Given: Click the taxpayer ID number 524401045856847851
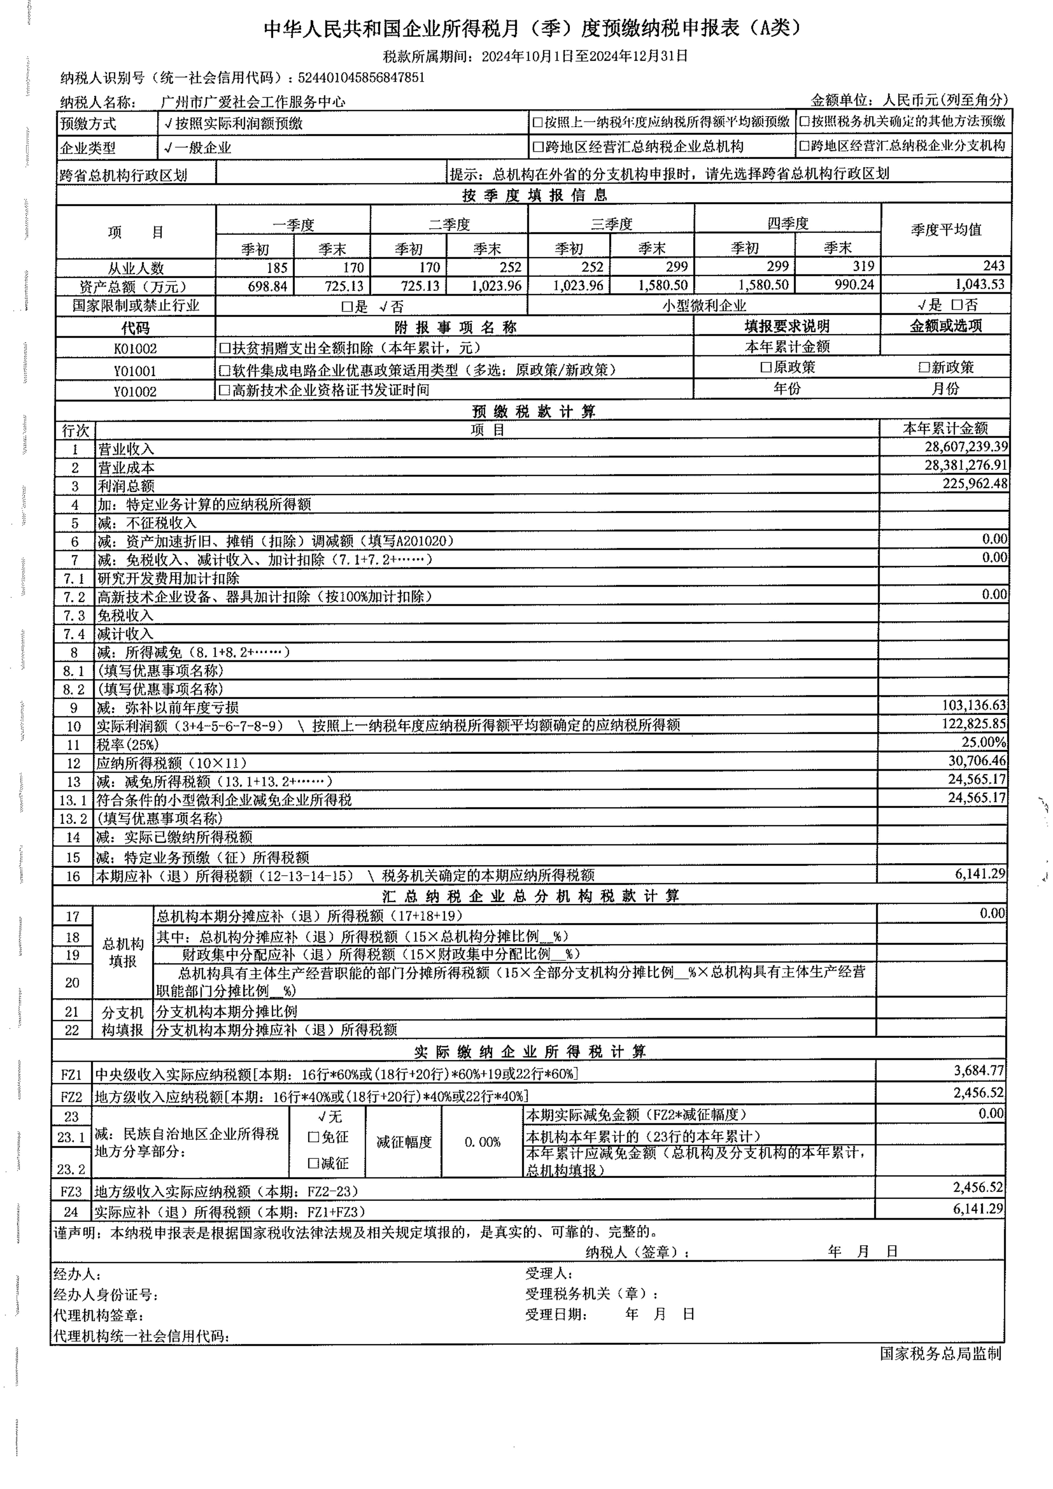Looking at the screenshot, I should (x=361, y=78).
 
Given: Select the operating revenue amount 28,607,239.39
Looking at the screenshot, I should (x=966, y=447).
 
